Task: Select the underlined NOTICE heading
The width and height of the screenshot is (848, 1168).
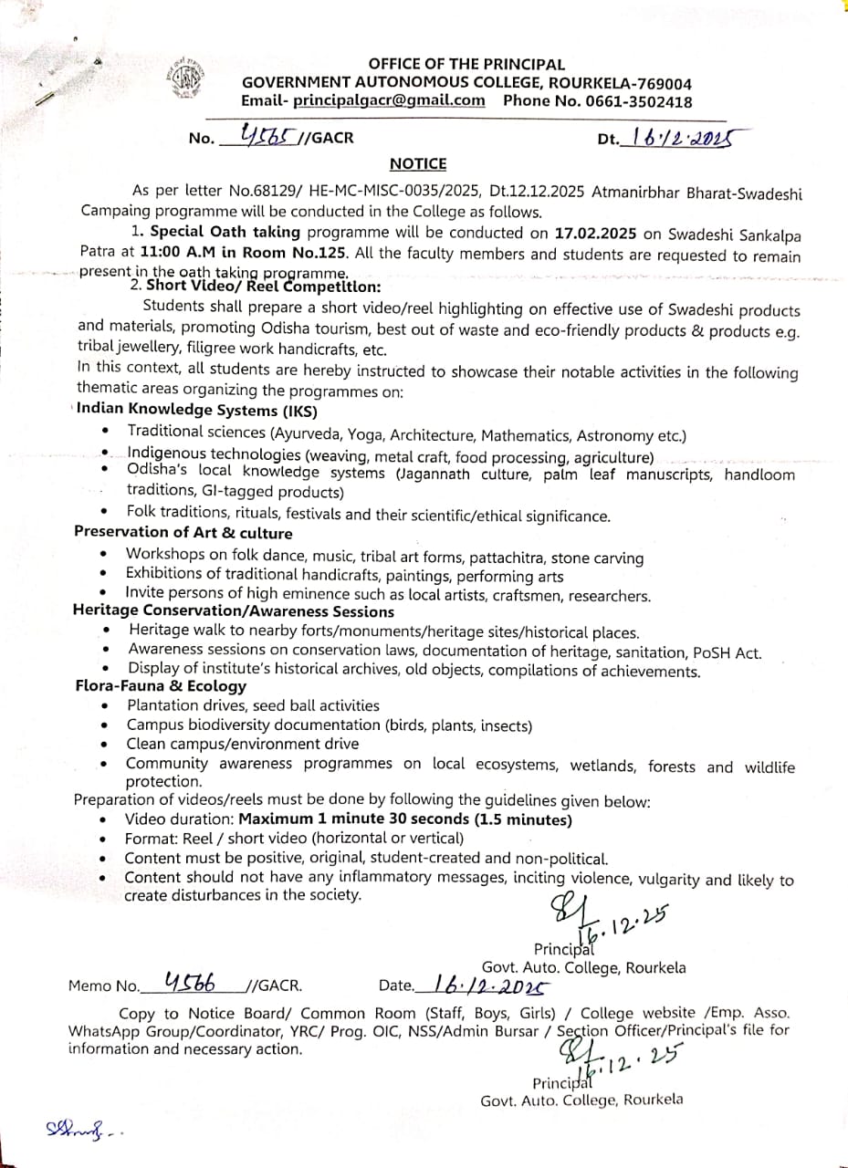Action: point(418,164)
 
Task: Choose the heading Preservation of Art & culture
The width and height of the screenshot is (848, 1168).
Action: point(183,533)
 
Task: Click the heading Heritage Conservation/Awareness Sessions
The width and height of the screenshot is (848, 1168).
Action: point(234,611)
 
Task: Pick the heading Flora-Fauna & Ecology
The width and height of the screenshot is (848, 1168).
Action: point(161,686)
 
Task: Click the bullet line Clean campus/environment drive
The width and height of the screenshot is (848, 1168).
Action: point(242,744)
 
